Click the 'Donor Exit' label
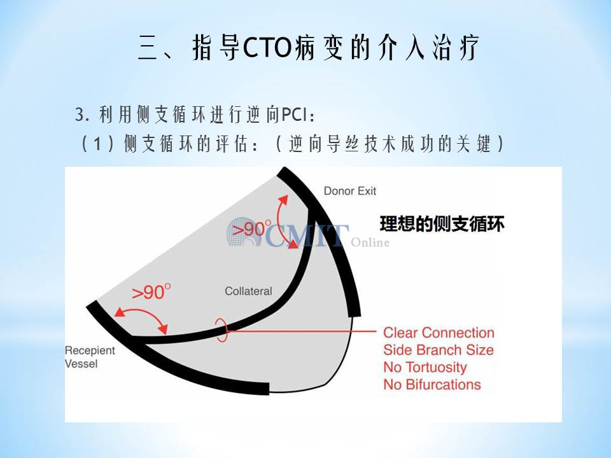point(350,191)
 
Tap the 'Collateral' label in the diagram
point(248,291)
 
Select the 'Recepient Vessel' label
point(90,357)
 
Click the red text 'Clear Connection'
point(439,333)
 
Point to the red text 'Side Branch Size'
point(439,350)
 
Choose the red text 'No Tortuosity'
point(425,367)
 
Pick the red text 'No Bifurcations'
point(432,384)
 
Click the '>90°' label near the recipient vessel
point(151,292)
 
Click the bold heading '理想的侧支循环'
point(442,224)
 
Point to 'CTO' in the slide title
point(267,48)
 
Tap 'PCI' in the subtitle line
point(294,114)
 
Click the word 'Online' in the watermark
point(370,242)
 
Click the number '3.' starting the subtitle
point(83,115)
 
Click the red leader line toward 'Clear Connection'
point(302,331)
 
